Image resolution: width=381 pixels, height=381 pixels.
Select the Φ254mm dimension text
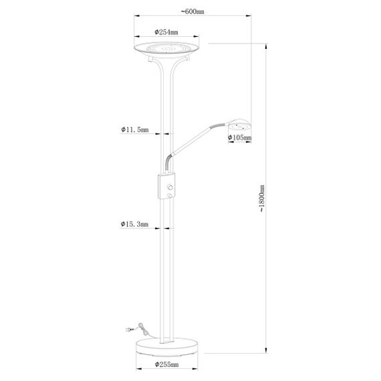click(x=165, y=31)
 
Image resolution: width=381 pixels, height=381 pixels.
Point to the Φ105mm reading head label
click(x=239, y=138)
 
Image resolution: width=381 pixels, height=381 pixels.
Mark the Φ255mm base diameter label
click(x=166, y=366)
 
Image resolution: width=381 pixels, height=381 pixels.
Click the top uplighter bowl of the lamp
click(x=165, y=48)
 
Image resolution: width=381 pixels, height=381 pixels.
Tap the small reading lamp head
click(x=239, y=124)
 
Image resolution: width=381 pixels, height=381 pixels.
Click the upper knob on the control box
click(x=172, y=186)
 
